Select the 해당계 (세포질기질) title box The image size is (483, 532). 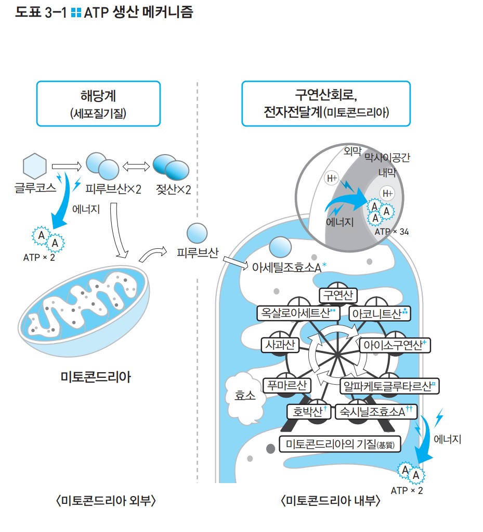click(x=98, y=104)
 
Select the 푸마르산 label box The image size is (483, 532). click(x=286, y=385)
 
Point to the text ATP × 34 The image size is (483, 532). click(x=391, y=231)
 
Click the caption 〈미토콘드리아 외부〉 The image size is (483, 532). click(x=106, y=501)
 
